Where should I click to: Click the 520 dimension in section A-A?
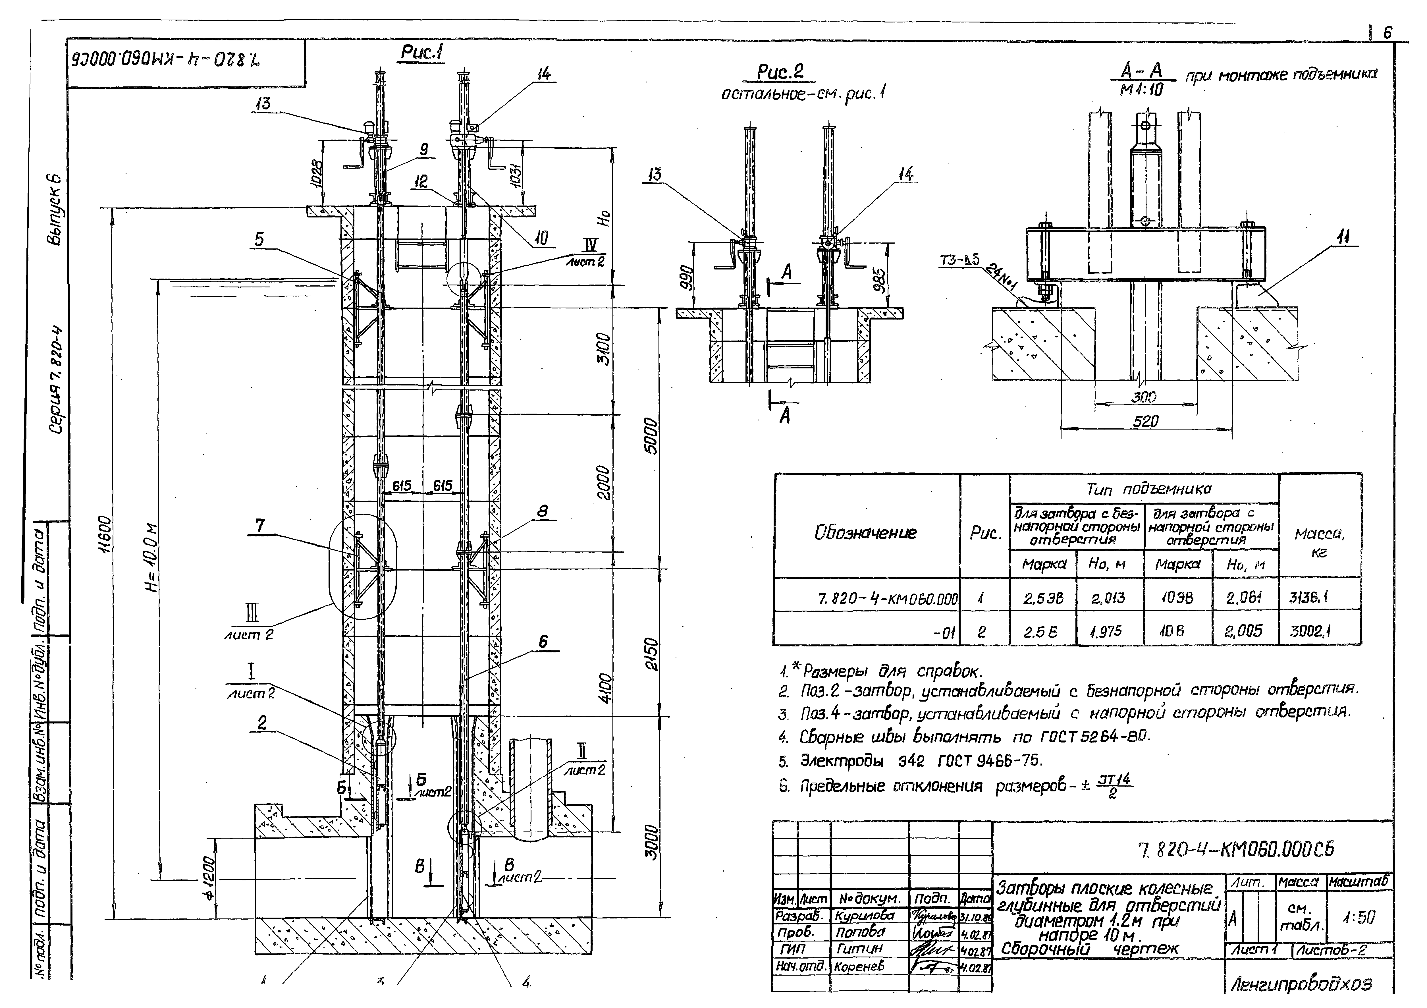(1145, 421)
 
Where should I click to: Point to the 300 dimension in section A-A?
(1144, 397)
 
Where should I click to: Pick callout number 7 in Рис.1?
(260, 526)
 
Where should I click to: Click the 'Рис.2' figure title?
(780, 72)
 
